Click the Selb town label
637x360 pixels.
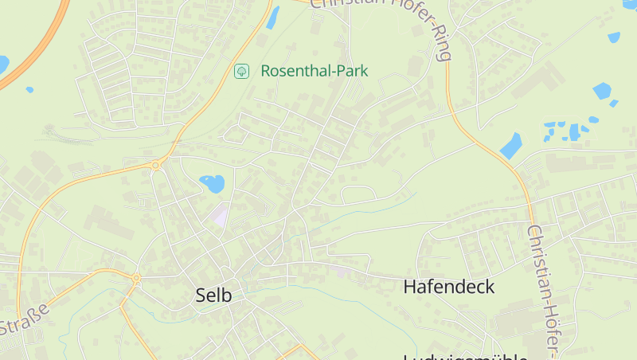point(213,295)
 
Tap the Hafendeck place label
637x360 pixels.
point(449,287)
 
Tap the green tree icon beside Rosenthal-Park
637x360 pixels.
point(241,71)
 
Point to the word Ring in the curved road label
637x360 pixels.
point(441,44)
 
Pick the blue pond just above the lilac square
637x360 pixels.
point(212,183)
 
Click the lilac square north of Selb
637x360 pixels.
point(219,213)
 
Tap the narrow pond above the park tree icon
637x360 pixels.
point(273,18)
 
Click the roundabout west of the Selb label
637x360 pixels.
point(137,279)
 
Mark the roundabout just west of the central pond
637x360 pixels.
point(155,165)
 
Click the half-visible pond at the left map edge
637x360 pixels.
point(3,64)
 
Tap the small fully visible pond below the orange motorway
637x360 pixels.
point(29,89)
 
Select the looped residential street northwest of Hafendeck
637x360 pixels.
point(358,194)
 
